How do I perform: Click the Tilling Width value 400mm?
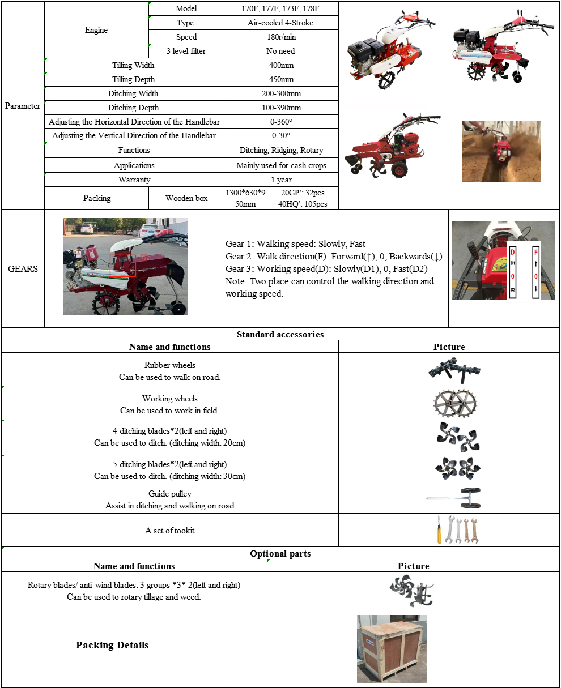(281, 65)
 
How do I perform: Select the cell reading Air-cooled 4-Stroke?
(280, 23)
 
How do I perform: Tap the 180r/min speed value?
(281, 37)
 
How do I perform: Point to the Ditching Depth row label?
(134, 108)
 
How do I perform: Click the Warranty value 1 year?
(281, 180)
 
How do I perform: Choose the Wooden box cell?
(186, 198)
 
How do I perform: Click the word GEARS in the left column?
(23, 268)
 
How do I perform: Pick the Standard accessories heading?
(280, 334)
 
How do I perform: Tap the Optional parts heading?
(280, 553)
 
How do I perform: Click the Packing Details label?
(112, 645)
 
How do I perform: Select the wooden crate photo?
(392, 648)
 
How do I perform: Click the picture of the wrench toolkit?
(458, 530)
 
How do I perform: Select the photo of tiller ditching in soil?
(501, 151)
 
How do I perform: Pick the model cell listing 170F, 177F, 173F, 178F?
(281, 8)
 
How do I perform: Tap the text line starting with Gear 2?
(334, 257)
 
